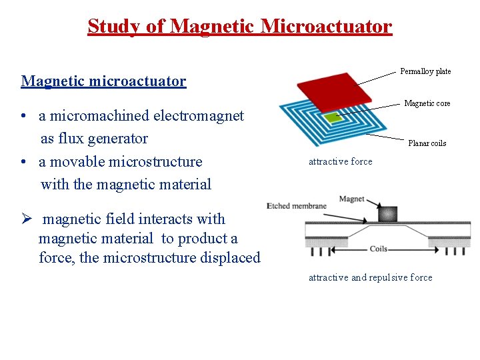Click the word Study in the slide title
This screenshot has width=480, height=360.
tap(111, 27)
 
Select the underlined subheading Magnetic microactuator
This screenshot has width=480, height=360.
tap(103, 81)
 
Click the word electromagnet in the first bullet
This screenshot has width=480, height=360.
tap(199, 116)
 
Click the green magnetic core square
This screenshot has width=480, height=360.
tap(332, 117)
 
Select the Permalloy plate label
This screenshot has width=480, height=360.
tap(425, 71)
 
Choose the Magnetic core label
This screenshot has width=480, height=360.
tap(427, 103)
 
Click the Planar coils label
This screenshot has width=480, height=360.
tap(427, 143)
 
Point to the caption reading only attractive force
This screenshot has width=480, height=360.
tap(340, 161)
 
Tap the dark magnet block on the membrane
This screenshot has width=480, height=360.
tap(387, 214)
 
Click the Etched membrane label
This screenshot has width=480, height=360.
tap(296, 205)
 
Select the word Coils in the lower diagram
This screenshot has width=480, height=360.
tap(379, 249)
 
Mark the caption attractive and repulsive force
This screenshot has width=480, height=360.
tap(370, 277)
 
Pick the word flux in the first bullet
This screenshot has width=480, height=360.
tap(75, 139)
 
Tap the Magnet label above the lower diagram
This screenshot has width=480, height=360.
tap(351, 199)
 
